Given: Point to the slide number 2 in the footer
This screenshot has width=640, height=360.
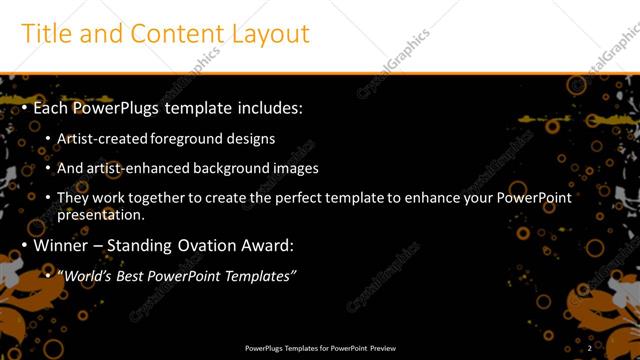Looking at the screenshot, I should point(590,348).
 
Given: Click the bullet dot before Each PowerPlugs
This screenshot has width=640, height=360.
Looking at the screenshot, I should point(25,107).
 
